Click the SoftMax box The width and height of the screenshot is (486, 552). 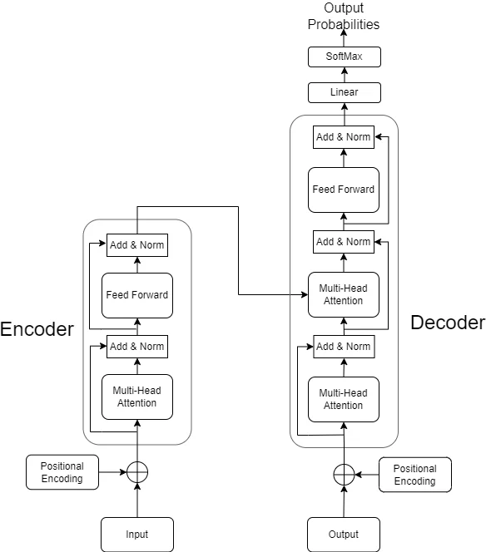coord(345,57)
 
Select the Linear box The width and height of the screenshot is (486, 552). coord(345,92)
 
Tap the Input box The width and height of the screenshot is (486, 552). coord(137,535)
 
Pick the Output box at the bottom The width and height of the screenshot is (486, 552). coord(344,535)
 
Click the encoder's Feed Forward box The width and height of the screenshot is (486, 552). coord(137,295)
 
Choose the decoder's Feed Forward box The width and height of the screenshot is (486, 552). coord(344,190)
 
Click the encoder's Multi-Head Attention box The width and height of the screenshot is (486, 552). coord(137,397)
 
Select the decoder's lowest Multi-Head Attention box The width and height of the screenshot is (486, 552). coord(344,399)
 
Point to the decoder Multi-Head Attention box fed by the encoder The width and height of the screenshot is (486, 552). coord(344,294)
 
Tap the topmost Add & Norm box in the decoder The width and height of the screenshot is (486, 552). coord(344,137)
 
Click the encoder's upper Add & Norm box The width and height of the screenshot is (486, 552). coord(137,245)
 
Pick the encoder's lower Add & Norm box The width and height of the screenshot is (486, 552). coord(137,347)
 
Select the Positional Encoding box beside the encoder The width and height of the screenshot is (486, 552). coord(62,472)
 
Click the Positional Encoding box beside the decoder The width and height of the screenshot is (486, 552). coord(415,475)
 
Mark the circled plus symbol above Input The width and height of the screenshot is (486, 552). coord(137,472)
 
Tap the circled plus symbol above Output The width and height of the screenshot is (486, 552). coord(344,475)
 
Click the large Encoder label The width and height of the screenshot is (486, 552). coord(37,329)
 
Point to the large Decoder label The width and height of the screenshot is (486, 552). coord(448,323)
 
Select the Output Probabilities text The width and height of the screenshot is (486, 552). coord(344,16)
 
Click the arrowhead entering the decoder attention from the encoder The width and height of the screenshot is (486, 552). coord(305,294)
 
